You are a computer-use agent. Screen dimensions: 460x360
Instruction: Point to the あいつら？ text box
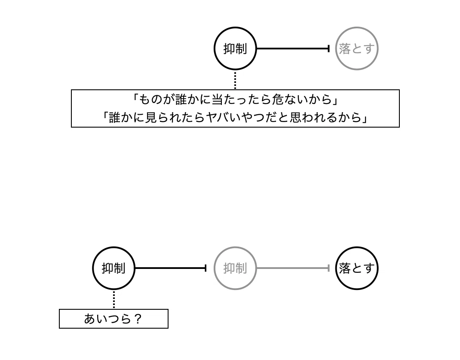[x=113, y=319]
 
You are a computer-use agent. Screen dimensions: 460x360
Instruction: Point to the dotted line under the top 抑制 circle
[x=235, y=80]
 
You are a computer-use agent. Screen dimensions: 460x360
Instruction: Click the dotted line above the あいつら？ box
[x=114, y=299]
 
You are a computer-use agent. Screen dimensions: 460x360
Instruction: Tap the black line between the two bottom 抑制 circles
[x=171, y=268]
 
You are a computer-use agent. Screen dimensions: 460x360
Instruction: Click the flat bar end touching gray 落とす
[x=328, y=49]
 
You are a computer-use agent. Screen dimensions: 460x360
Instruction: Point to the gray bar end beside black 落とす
[x=328, y=268]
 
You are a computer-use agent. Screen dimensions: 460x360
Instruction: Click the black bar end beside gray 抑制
[x=205, y=268]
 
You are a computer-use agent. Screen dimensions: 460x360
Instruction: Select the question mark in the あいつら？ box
[x=137, y=319]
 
